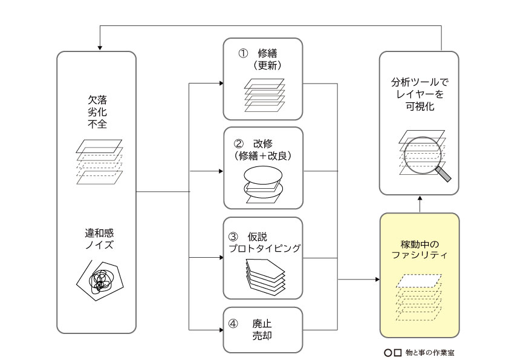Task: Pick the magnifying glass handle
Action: click(443, 174)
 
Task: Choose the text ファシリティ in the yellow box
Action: click(419, 256)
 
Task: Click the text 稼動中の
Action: click(419, 244)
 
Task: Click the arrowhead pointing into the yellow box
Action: click(377, 280)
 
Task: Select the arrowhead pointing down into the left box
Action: click(99, 48)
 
